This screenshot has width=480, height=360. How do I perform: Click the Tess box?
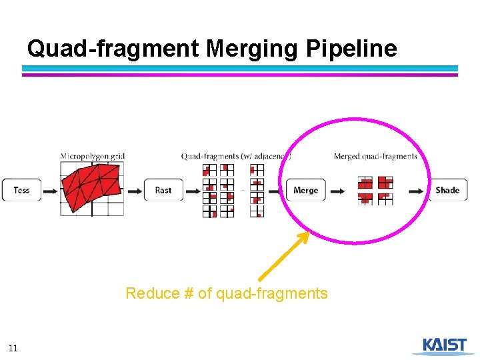click(x=21, y=190)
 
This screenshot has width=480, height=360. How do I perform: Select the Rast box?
click(x=163, y=190)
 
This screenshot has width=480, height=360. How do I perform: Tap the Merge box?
click(x=306, y=190)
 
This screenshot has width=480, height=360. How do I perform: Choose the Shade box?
click(x=447, y=190)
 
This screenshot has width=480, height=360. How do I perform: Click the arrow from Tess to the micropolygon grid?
click(x=51, y=191)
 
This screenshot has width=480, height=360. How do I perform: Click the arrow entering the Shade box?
click(x=417, y=191)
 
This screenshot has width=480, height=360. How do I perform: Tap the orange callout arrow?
click(x=284, y=255)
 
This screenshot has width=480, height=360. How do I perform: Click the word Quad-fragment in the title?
click(x=113, y=48)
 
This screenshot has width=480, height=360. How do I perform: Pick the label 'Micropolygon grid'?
click(x=93, y=156)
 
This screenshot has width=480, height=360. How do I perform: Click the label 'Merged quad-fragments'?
click(x=375, y=156)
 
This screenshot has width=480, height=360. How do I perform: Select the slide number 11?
click(x=13, y=347)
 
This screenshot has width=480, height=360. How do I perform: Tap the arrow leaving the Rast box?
click(x=193, y=191)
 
